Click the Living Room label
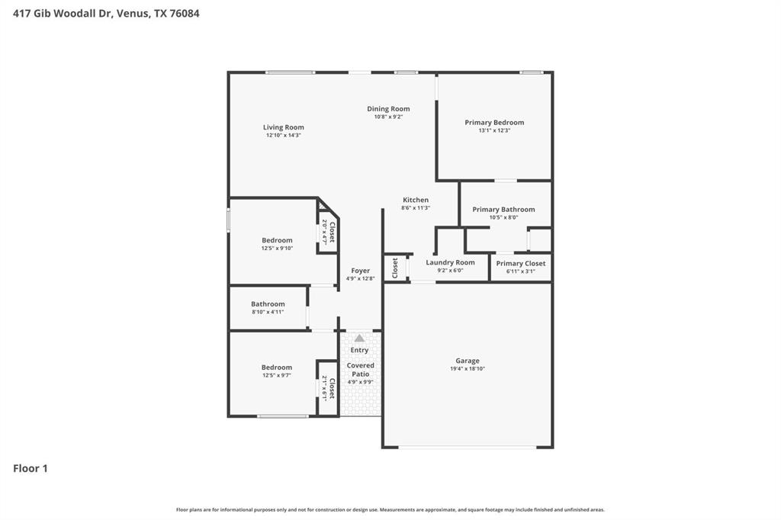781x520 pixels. pyautogui.click(x=283, y=127)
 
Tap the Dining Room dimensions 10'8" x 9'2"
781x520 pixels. pyautogui.click(x=388, y=117)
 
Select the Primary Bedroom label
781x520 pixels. pyautogui.click(x=494, y=122)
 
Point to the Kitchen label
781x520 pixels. pyautogui.click(x=416, y=200)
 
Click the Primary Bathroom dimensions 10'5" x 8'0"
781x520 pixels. pyautogui.click(x=503, y=217)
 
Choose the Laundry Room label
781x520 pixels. pyautogui.click(x=450, y=262)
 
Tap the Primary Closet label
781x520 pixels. pyautogui.click(x=520, y=263)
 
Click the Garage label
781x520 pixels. pyautogui.click(x=468, y=361)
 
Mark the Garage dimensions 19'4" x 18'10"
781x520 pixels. pyautogui.click(x=468, y=369)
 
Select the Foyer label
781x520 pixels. pyautogui.click(x=360, y=271)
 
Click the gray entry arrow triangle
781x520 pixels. pyautogui.click(x=359, y=338)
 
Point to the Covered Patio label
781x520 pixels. pyautogui.click(x=360, y=370)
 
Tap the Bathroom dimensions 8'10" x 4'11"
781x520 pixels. pyautogui.click(x=268, y=312)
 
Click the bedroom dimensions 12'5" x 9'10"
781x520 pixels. pyautogui.click(x=277, y=248)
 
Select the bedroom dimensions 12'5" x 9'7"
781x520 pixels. pyautogui.click(x=277, y=375)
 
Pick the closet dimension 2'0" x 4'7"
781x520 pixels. pyautogui.click(x=324, y=232)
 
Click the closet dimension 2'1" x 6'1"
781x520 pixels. pyautogui.click(x=324, y=388)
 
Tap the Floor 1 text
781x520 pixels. pyautogui.click(x=31, y=468)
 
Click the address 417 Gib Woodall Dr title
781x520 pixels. pyautogui.click(x=106, y=13)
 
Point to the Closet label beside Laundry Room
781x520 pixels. pyautogui.click(x=395, y=268)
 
